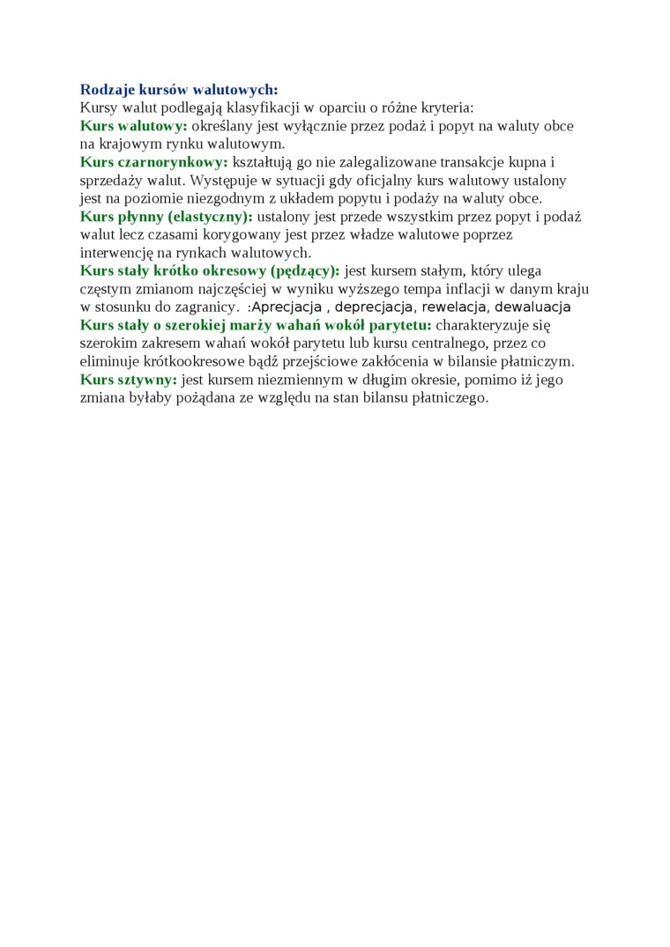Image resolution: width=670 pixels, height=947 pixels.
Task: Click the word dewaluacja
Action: [532, 307]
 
